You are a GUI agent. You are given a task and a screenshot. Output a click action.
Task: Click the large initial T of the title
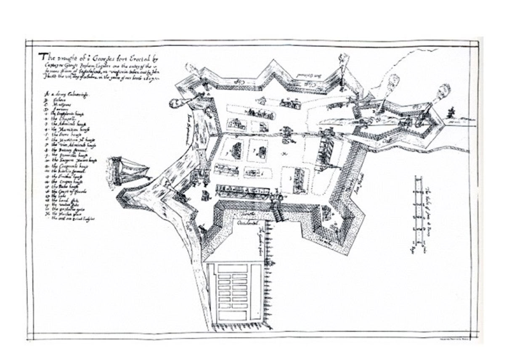click(x=42, y=56)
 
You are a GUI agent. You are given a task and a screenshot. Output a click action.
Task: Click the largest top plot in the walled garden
click(x=232, y=268)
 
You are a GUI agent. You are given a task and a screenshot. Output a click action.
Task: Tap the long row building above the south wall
click(x=241, y=191)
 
